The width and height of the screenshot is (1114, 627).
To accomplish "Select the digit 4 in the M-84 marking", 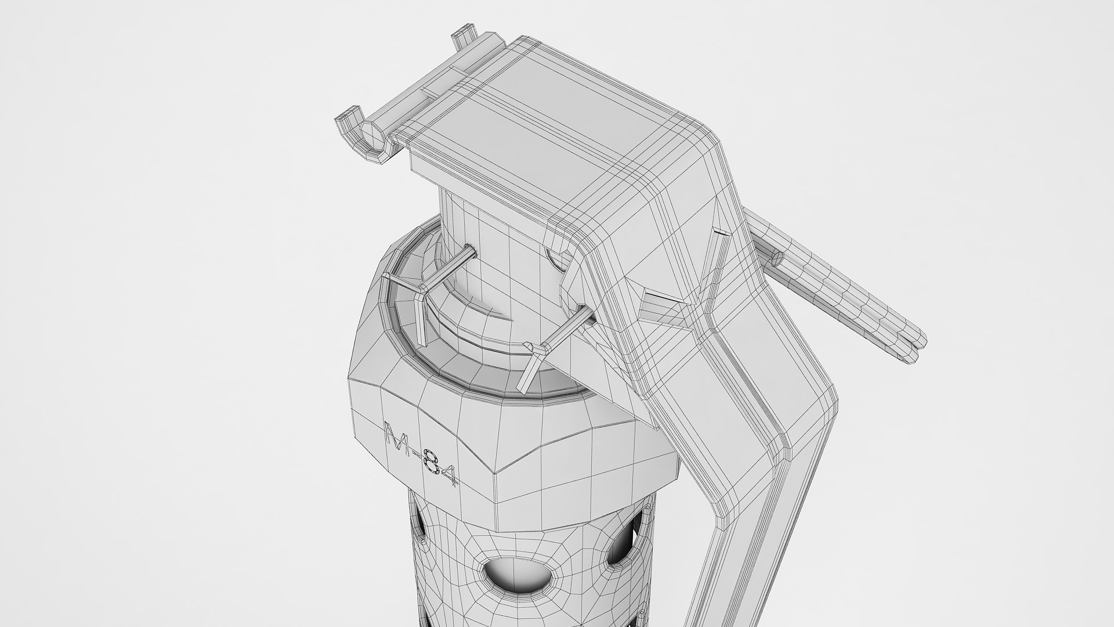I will (448, 475).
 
